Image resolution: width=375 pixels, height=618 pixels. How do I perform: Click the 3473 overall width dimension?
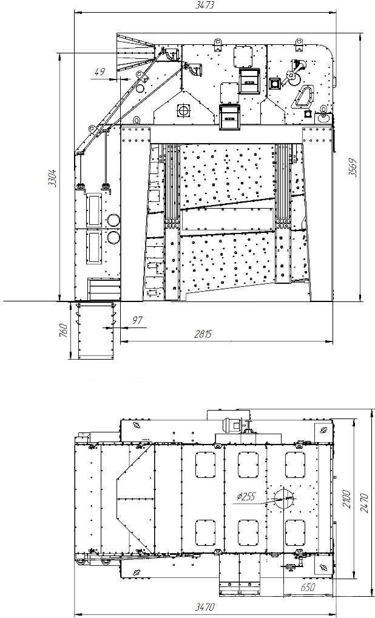click(x=204, y=5)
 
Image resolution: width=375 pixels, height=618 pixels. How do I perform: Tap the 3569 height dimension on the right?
click(x=353, y=167)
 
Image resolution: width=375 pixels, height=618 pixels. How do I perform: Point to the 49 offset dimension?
click(x=100, y=72)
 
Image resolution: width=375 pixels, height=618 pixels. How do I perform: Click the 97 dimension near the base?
click(x=137, y=320)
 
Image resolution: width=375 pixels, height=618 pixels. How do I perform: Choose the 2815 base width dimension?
click(x=203, y=334)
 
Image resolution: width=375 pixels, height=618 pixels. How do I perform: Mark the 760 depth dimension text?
click(x=63, y=331)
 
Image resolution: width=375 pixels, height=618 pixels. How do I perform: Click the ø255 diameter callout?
click(x=246, y=496)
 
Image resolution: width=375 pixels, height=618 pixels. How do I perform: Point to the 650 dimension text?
click(x=308, y=587)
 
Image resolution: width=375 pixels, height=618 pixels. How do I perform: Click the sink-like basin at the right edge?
click(x=324, y=117)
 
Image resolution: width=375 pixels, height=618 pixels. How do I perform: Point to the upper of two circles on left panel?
click(x=113, y=220)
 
